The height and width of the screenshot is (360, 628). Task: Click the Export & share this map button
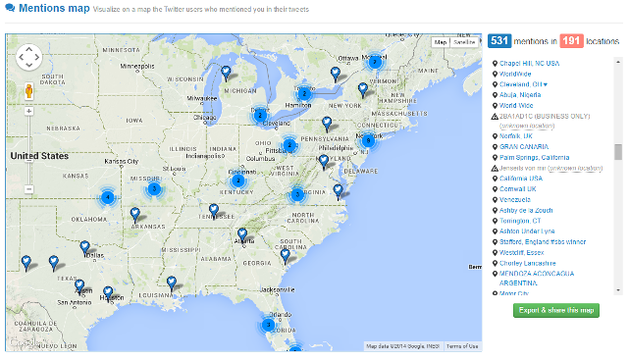click(554, 310)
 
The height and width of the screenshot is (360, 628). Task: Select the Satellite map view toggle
click(466, 42)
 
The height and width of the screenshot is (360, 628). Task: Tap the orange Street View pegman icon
click(28, 90)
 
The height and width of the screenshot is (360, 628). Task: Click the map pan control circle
click(28, 58)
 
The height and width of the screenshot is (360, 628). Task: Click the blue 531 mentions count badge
click(499, 41)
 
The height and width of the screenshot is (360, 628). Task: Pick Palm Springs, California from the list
click(534, 157)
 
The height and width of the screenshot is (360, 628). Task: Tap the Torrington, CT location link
click(520, 221)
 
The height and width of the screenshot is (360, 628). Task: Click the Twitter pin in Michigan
click(226, 72)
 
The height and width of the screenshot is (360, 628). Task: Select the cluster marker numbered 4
click(108, 196)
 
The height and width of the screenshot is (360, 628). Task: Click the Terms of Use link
click(462, 346)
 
